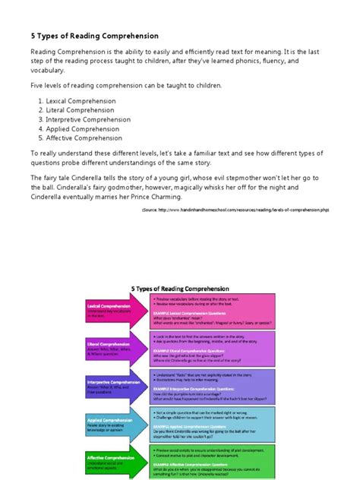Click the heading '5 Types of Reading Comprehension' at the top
coord(94,35)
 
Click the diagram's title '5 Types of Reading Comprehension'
coord(179,289)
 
